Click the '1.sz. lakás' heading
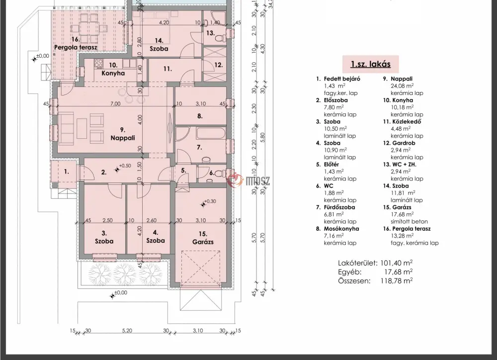371,64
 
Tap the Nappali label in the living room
123,138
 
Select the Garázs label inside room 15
203,242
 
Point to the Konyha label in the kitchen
113,73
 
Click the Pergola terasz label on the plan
76,47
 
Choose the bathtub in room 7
211,133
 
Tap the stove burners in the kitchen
98,64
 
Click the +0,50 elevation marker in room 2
117,170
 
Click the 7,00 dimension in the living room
115,104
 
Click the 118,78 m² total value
397,281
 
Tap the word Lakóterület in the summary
357,263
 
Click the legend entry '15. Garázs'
397,207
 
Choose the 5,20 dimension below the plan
127,331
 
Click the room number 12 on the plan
218,65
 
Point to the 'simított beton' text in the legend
409,221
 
